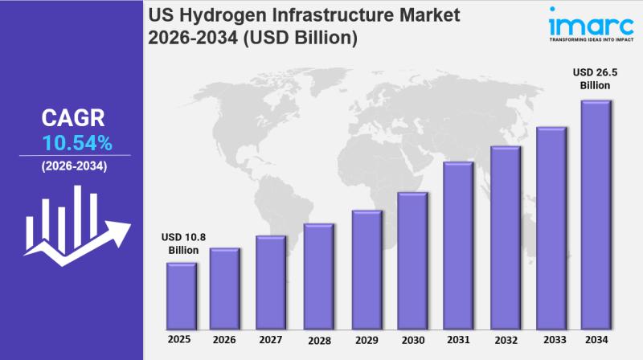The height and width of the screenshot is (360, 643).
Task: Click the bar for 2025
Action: pos(182,296)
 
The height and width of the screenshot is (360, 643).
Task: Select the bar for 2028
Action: pos(318,276)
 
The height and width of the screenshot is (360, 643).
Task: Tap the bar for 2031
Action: pos(457,246)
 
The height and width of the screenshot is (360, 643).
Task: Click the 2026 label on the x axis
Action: pos(225,340)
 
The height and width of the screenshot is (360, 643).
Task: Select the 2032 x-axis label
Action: pos(504,340)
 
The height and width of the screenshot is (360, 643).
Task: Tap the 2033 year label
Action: pos(551,340)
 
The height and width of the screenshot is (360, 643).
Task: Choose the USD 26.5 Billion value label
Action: pos(596,78)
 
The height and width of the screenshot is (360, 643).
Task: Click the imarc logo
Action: pos(586,21)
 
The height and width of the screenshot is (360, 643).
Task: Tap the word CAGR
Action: pos(73,119)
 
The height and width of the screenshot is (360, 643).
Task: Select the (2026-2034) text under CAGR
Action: pos(73,166)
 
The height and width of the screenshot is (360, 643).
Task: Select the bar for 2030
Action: pos(412,261)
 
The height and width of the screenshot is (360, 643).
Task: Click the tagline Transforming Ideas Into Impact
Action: pos(592,38)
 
